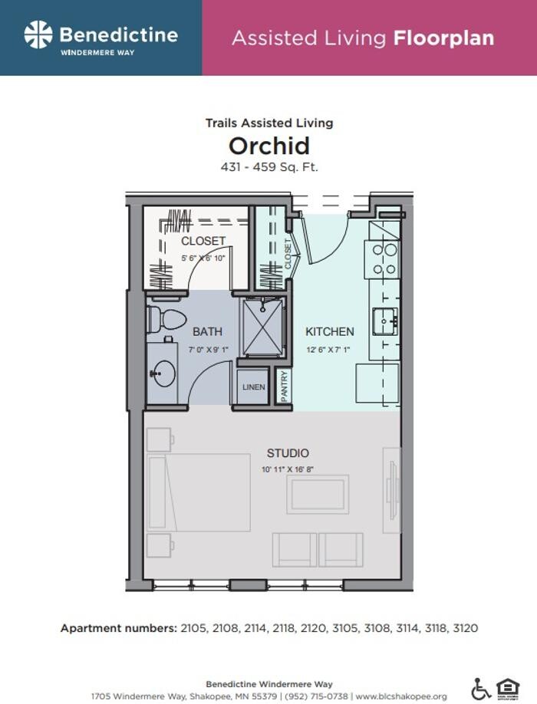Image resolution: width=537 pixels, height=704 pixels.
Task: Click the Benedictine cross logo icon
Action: [38, 35]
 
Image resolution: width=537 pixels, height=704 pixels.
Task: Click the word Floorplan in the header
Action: [443, 38]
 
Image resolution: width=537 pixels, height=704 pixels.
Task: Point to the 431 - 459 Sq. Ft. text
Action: [268, 166]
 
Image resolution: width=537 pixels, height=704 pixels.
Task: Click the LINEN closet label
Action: [253, 387]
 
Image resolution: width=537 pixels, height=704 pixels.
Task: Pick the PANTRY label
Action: [284, 387]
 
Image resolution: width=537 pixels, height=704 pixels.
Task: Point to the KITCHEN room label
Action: [330, 332]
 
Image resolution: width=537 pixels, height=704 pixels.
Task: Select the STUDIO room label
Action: [288, 453]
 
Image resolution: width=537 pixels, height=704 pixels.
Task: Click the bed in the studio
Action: [201, 492]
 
